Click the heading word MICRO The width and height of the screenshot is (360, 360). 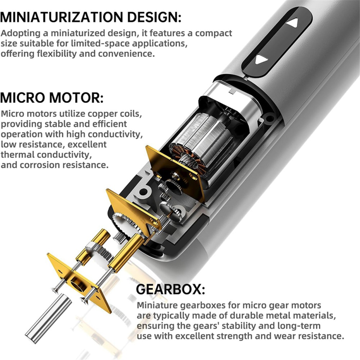coord(23,97)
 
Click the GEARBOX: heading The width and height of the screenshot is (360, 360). coord(170,289)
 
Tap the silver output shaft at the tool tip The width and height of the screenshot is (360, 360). coord(48,318)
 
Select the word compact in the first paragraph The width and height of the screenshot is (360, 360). coord(213,33)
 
